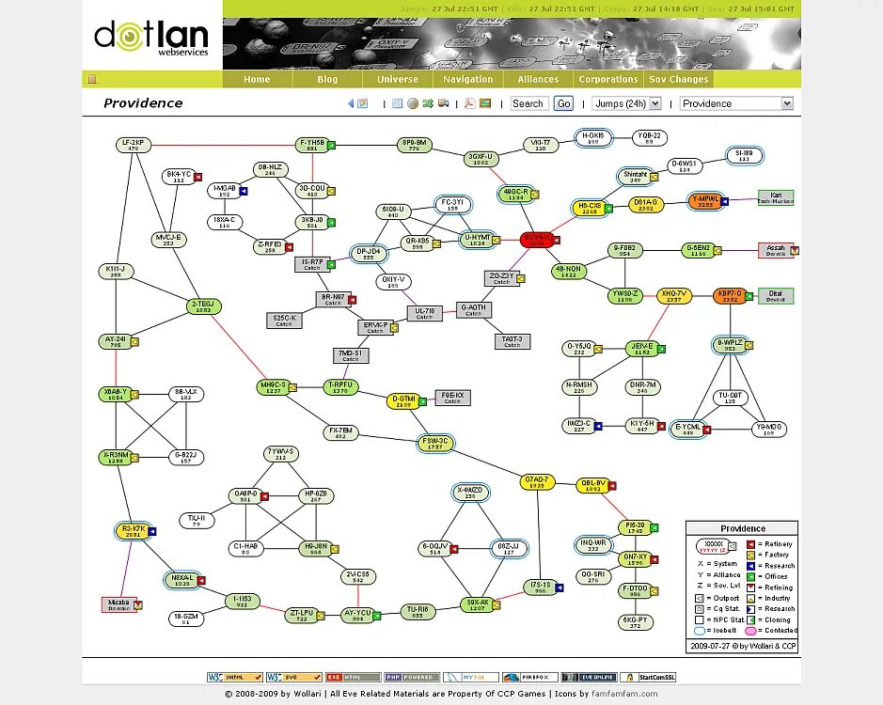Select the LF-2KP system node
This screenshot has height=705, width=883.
click(133, 144)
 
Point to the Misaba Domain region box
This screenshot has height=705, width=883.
click(118, 604)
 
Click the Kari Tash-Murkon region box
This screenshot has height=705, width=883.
click(775, 197)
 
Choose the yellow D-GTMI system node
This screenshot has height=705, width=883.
click(402, 401)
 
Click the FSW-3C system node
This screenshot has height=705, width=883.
click(435, 443)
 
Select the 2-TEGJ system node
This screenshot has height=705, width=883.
click(203, 306)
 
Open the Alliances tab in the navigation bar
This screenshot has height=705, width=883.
click(538, 80)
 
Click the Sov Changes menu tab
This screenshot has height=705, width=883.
click(678, 80)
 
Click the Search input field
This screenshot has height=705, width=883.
click(528, 103)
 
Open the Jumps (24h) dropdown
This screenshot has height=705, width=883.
click(632, 103)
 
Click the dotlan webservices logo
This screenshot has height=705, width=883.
click(151, 39)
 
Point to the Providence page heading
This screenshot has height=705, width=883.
click(143, 103)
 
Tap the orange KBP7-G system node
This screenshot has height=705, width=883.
click(730, 295)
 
